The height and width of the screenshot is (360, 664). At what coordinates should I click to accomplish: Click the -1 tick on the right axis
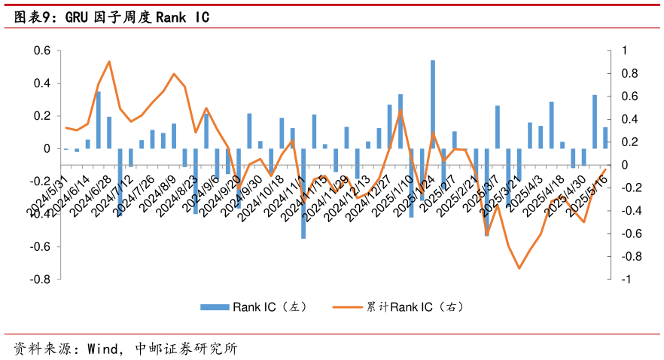(x=623, y=279)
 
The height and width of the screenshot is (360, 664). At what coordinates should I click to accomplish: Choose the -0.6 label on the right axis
(x=626, y=233)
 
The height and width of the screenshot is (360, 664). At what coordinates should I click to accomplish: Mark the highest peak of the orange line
(x=109, y=62)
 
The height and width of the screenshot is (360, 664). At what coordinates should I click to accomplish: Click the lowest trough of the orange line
(x=519, y=268)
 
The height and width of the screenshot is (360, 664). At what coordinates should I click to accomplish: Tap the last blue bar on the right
(x=605, y=138)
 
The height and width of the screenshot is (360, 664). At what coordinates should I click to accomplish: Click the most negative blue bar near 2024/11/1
(x=303, y=193)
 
